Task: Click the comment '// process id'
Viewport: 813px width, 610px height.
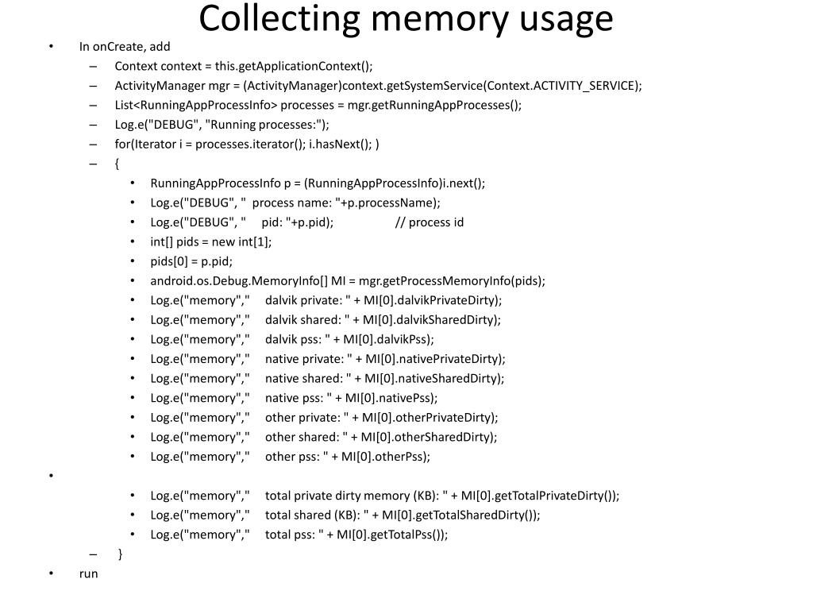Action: pos(430,222)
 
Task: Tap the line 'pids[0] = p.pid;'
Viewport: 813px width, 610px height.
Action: pos(191,261)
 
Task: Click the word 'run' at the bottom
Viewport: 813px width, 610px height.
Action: pos(89,573)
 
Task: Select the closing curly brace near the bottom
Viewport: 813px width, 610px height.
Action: pos(121,554)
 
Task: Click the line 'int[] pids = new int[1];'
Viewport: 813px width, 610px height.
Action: pos(211,241)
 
